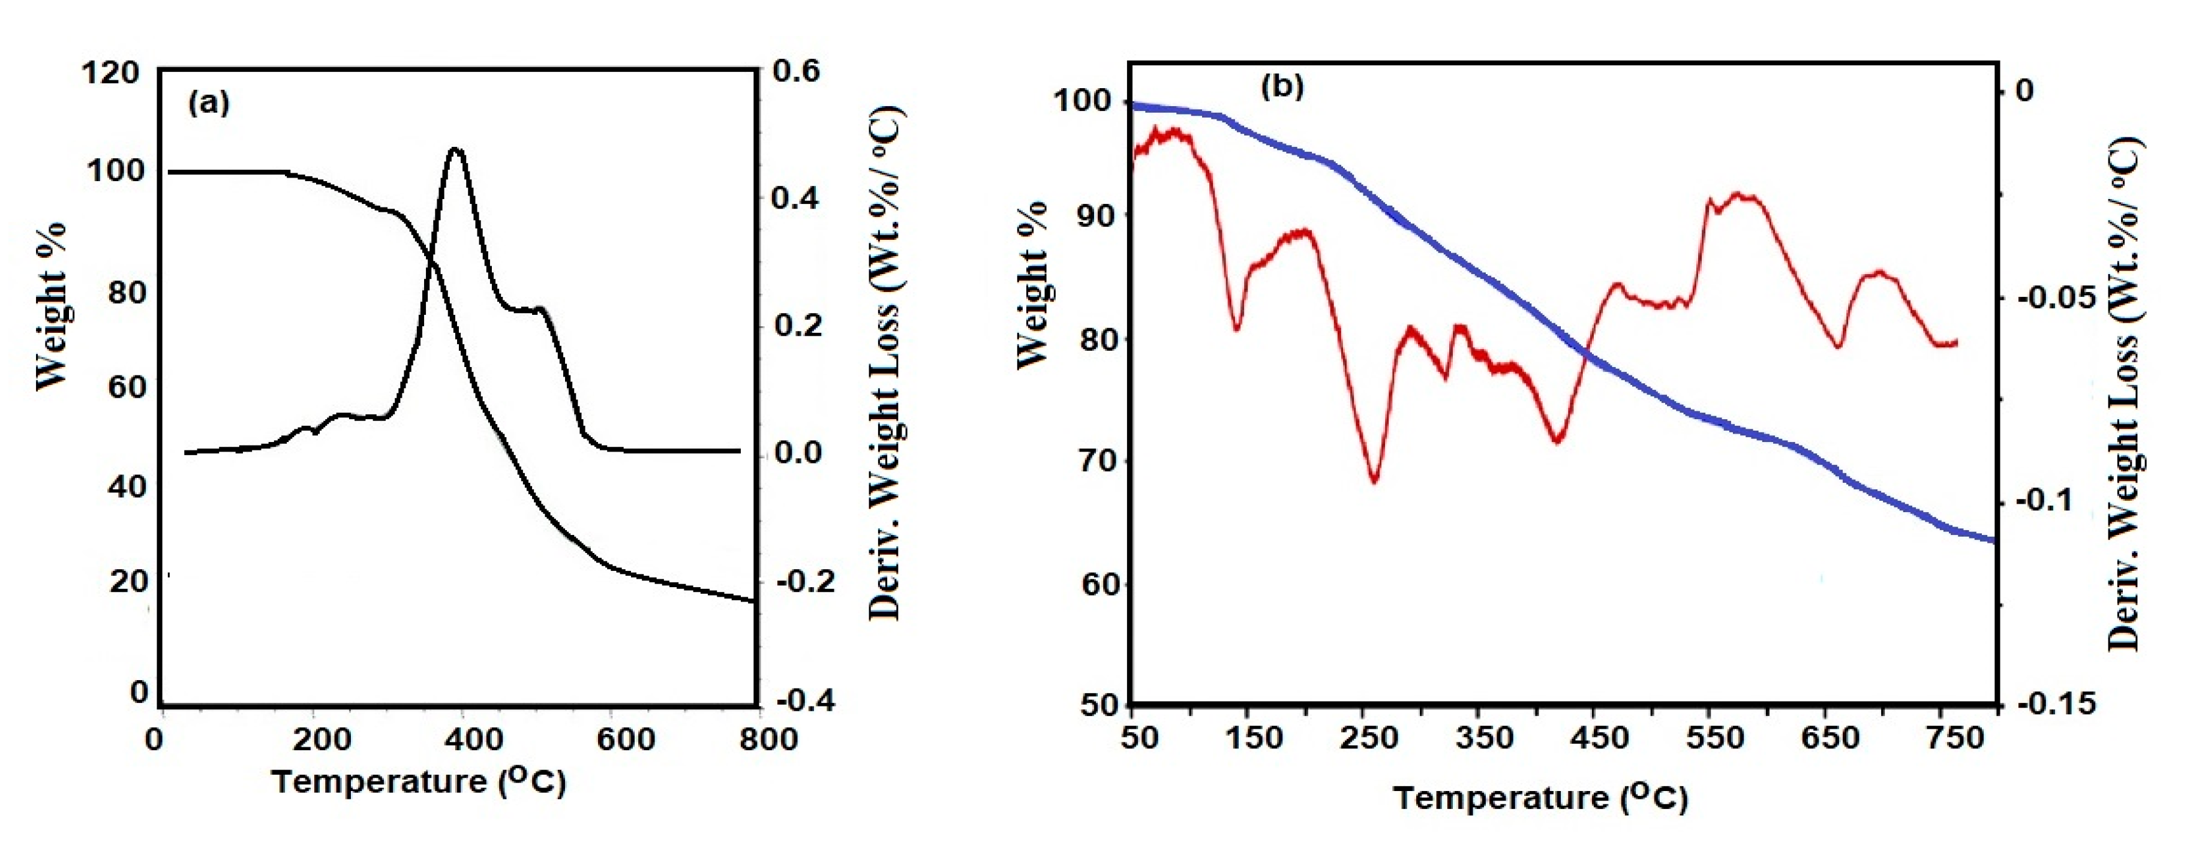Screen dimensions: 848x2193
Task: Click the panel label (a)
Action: pyautogui.click(x=209, y=103)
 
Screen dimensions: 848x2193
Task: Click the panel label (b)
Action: pyautogui.click(x=1282, y=86)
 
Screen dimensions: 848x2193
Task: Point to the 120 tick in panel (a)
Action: pyautogui.click(x=111, y=73)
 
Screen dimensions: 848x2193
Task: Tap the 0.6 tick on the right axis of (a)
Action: pyautogui.click(x=796, y=71)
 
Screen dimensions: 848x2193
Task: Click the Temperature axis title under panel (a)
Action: pyautogui.click(x=419, y=781)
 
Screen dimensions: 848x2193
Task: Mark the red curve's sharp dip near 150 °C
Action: pyautogui.click(x=1237, y=329)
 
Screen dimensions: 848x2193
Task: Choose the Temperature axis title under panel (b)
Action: pyautogui.click(x=1540, y=798)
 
